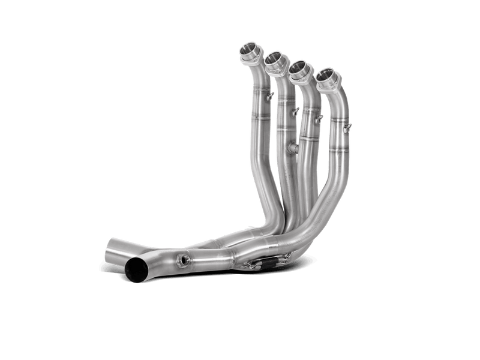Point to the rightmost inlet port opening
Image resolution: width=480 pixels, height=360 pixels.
tap(326, 76)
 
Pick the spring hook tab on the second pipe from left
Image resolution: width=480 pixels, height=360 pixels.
tap(293, 112)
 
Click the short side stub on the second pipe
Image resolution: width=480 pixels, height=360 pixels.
tap(290, 147)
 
